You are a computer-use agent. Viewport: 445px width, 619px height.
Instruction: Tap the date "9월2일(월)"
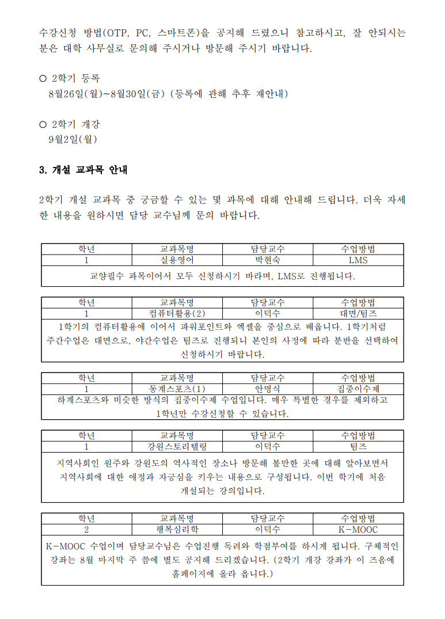(x=73, y=139)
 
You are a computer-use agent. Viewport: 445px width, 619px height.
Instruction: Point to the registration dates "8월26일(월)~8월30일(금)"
(x=107, y=93)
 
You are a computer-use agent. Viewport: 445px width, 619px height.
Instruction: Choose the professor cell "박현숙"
(x=267, y=260)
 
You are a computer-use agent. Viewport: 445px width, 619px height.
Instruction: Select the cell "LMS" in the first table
(x=358, y=260)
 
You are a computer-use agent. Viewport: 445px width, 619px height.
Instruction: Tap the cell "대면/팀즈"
(x=358, y=314)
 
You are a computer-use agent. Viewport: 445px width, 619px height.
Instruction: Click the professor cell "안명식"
(x=267, y=389)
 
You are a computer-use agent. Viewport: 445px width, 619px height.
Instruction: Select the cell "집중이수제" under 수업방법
(x=358, y=389)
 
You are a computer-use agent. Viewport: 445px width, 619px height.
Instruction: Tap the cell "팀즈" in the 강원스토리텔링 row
(x=358, y=446)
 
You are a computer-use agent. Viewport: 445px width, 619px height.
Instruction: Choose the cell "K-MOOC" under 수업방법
(x=358, y=529)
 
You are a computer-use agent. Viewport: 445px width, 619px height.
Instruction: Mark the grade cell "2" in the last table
(x=86, y=529)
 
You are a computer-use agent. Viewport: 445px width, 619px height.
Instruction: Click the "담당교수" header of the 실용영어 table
(x=267, y=249)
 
